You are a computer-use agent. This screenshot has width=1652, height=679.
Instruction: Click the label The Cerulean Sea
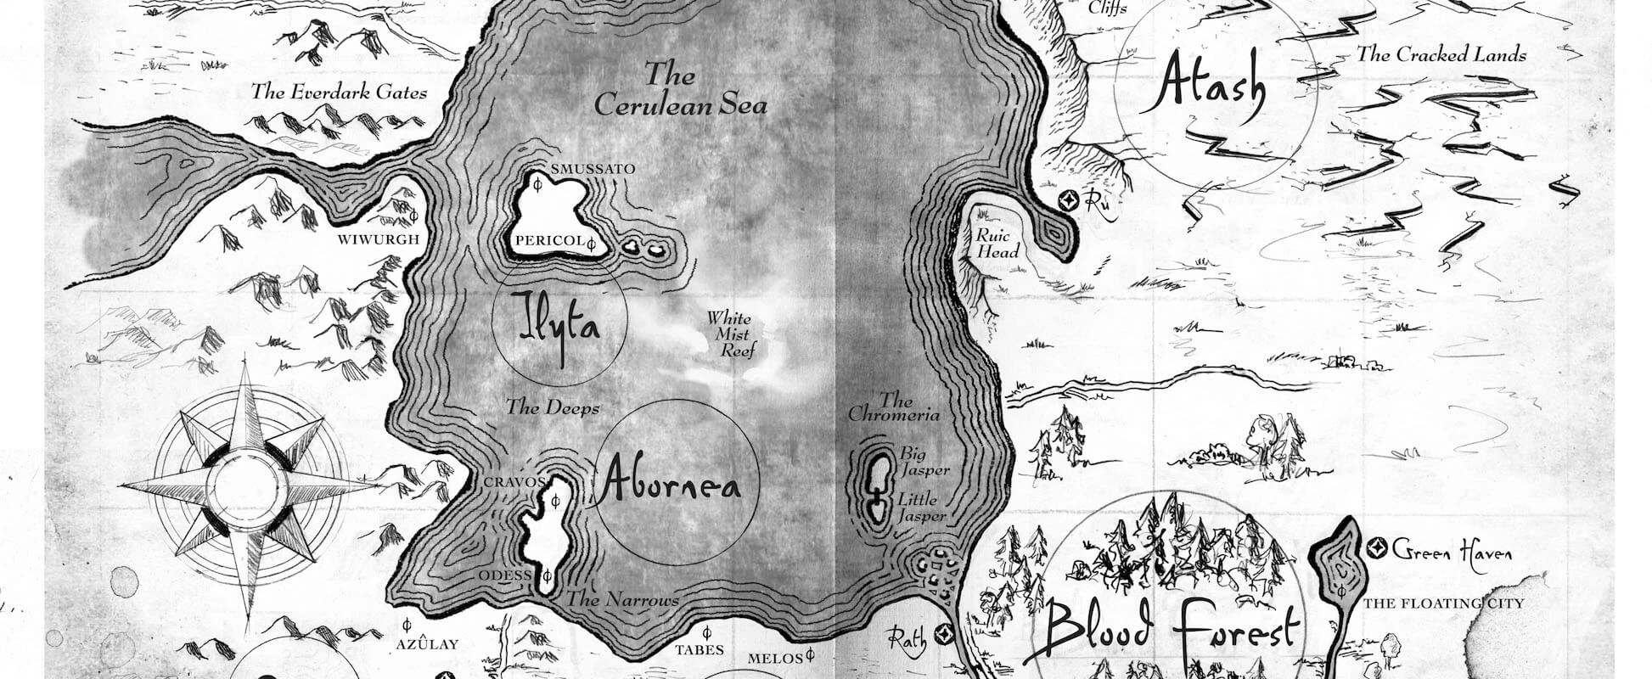[679, 89]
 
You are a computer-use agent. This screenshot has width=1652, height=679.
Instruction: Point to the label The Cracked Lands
[1441, 55]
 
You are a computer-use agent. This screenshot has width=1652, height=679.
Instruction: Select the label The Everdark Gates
[339, 92]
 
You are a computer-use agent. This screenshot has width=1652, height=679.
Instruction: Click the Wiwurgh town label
[379, 239]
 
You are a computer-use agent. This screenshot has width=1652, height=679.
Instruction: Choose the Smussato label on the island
[593, 169]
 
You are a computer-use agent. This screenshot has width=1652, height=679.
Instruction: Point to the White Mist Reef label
[731, 334]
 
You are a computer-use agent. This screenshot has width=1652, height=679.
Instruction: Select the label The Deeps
[553, 407]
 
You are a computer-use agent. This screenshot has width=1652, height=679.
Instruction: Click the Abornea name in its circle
[669, 485]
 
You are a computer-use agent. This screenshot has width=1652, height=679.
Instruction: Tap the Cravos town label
[514, 482]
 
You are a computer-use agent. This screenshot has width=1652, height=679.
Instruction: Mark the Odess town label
[505, 575]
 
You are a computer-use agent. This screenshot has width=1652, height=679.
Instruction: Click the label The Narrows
[623, 600]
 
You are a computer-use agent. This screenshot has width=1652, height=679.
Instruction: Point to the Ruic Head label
[997, 244]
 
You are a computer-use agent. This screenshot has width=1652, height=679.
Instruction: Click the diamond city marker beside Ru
[1070, 200]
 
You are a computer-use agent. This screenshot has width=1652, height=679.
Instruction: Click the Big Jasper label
[924, 461]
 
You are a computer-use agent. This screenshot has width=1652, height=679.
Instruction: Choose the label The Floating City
[1443, 603]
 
